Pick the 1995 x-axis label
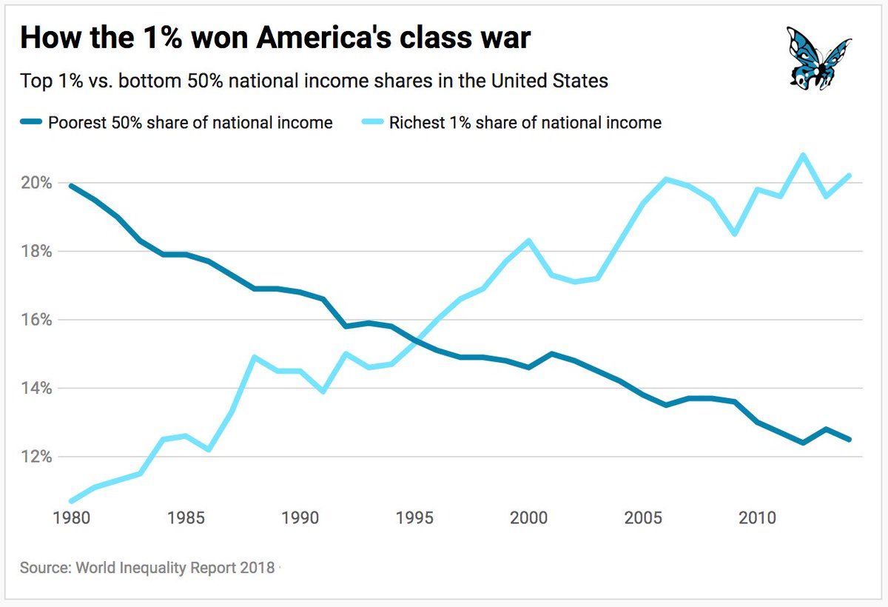point(414,516)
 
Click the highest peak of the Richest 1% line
point(802,155)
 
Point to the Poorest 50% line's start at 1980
point(72,186)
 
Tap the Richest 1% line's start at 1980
point(72,501)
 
